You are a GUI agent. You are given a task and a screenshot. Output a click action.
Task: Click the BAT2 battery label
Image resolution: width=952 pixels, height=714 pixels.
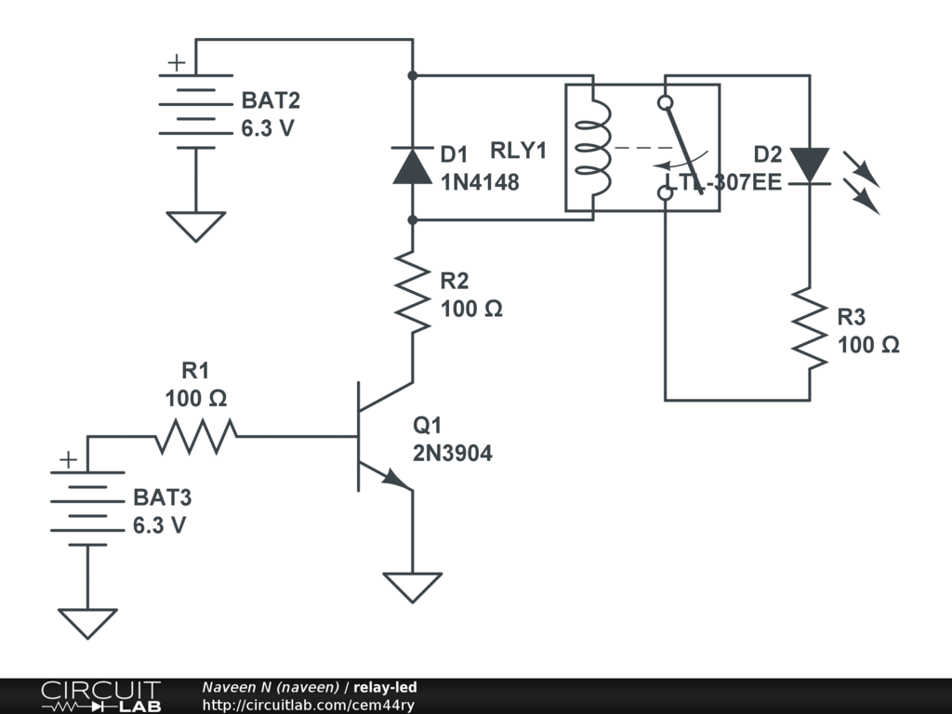tap(271, 100)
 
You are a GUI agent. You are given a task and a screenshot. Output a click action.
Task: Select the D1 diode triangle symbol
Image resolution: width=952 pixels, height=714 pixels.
tap(412, 165)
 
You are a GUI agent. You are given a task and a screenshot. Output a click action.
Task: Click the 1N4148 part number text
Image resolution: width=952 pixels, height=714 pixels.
tap(479, 183)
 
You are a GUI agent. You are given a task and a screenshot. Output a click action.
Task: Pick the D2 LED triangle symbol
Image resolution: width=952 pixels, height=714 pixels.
tap(808, 165)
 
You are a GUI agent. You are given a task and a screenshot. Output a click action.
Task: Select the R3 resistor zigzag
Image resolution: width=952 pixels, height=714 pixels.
tap(808, 328)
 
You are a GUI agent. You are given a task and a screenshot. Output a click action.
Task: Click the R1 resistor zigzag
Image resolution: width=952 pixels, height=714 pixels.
tap(196, 435)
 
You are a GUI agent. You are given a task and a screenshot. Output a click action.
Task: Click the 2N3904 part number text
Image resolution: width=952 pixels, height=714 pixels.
tap(453, 454)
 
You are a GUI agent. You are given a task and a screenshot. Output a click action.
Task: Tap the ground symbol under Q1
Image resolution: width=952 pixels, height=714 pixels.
tap(412, 586)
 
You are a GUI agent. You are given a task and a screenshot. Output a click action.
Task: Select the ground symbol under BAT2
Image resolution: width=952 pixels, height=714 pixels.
tap(195, 226)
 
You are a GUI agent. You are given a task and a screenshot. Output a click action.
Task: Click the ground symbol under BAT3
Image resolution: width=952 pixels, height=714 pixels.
tap(87, 622)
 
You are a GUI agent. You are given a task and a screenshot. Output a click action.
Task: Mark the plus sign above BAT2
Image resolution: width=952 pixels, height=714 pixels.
tap(176, 63)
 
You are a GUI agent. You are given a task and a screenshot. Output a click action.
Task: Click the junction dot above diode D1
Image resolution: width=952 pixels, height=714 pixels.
tap(412, 74)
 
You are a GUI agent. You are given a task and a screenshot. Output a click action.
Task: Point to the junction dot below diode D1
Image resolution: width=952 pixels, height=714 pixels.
tap(412, 219)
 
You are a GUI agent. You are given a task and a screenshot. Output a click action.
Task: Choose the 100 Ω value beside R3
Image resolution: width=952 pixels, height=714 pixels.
tap(868, 345)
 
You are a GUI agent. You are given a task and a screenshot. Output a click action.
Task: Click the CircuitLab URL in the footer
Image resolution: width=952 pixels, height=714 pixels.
tap(308, 705)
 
